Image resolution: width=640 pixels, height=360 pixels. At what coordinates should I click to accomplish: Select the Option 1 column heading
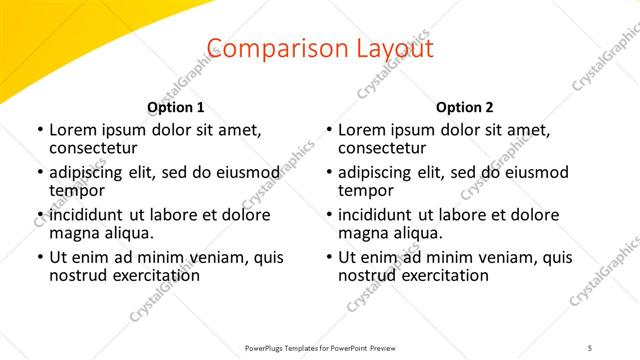(x=175, y=107)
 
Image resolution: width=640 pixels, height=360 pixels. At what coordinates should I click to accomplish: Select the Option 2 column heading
(x=465, y=107)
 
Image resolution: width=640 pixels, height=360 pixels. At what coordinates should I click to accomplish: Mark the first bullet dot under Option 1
(x=39, y=130)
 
